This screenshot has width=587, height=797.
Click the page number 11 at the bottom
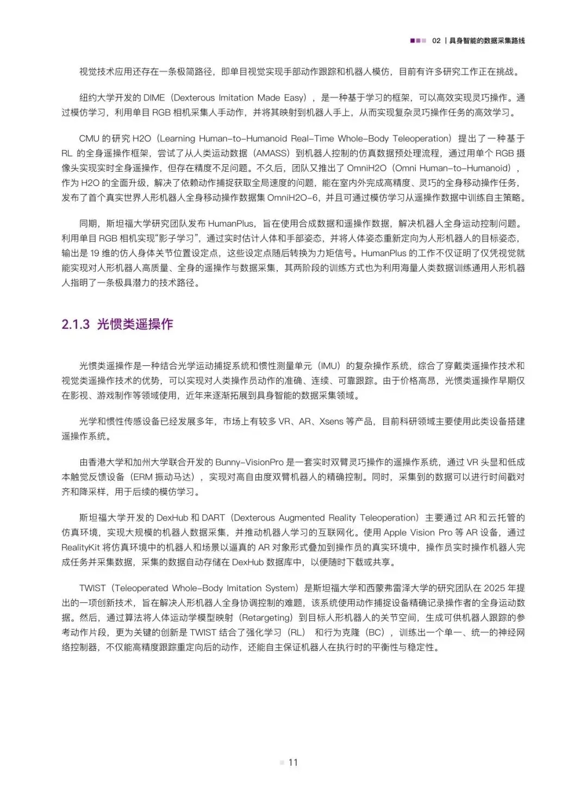293,762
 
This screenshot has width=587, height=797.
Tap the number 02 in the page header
436,41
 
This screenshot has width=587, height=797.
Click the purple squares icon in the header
418,41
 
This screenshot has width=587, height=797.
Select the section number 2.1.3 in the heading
76,325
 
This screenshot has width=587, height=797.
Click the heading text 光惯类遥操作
135,325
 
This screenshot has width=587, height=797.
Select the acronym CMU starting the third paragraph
90,139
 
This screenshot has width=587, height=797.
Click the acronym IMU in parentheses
329,366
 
